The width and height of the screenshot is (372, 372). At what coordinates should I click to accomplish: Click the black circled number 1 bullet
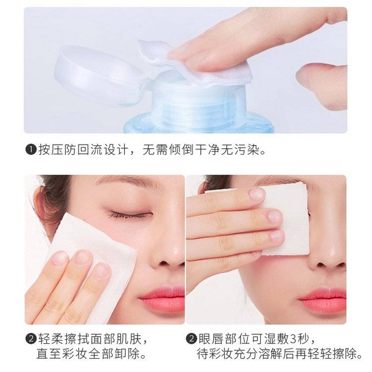[x=31, y=150]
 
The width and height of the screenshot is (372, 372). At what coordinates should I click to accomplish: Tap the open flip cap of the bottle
[x=100, y=75]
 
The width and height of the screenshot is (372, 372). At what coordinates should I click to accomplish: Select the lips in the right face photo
[x=322, y=300]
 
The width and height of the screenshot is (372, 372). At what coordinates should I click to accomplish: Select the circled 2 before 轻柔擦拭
[x=31, y=339]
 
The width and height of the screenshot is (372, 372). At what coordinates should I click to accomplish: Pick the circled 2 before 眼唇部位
[x=191, y=339]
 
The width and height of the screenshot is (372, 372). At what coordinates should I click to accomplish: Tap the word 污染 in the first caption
[x=247, y=150]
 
